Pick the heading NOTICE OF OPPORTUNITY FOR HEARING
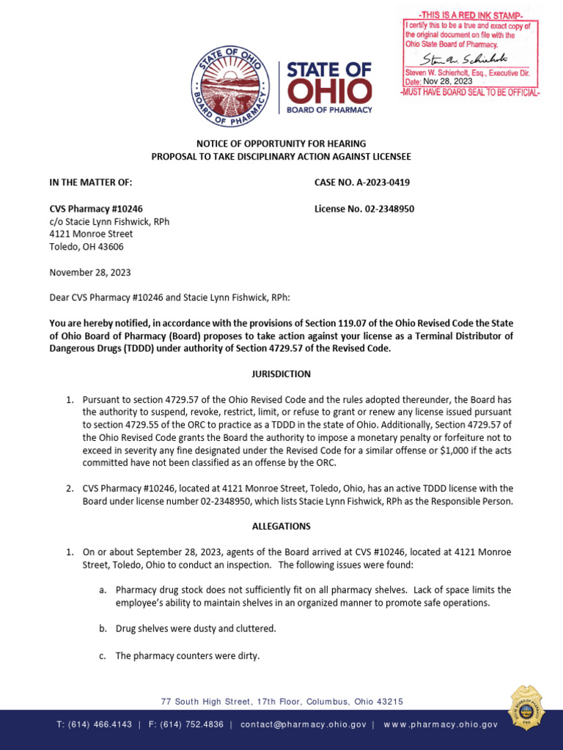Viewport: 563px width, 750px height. [281, 144]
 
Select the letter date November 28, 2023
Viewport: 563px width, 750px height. [90, 272]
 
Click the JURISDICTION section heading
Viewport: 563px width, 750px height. [281, 374]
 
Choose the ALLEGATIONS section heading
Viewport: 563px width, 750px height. [281, 526]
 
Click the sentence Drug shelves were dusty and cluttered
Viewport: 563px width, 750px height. [196, 628]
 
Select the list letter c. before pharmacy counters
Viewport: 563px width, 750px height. [103, 656]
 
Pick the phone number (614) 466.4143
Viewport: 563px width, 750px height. [95, 724]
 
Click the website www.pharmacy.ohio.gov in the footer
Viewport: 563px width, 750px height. [440, 724]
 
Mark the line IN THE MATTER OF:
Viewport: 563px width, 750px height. [90, 183]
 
